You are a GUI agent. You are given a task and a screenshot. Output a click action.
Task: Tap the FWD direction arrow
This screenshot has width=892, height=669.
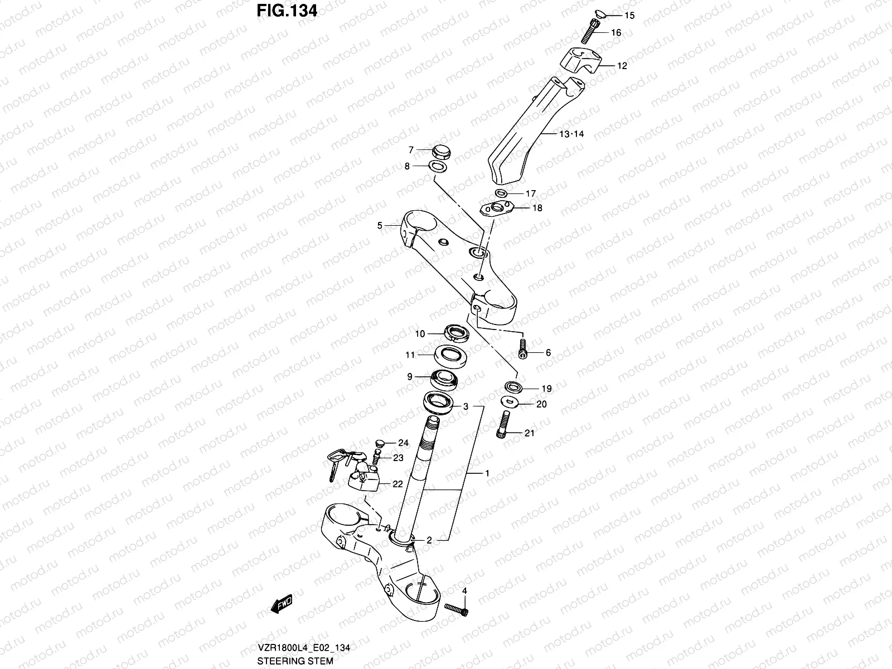pos(282,604)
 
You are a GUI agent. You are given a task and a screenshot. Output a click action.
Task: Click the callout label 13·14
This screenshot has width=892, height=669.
pos(571,134)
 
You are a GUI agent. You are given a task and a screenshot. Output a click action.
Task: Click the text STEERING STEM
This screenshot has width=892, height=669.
pos(295,661)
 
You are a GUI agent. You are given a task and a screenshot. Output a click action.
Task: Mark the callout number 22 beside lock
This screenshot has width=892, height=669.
pos(397,484)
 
